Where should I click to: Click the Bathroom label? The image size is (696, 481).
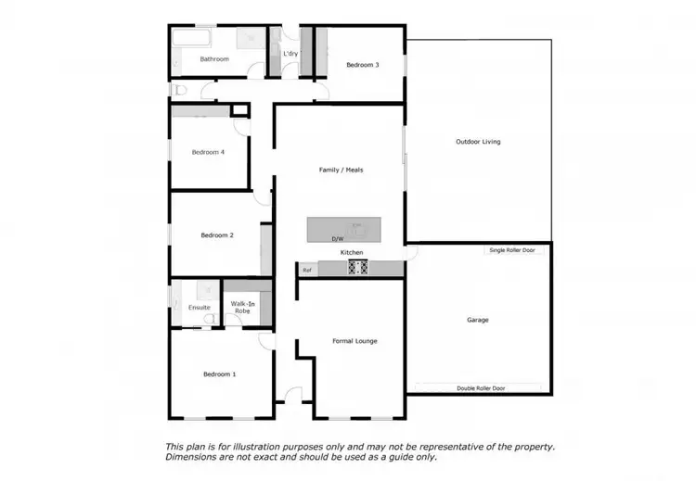tap(214, 59)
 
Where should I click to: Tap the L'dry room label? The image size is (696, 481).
tap(290, 53)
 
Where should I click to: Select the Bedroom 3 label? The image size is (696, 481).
tap(363, 65)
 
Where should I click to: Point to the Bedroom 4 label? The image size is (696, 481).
tap(208, 152)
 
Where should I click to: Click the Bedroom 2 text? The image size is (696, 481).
tap(217, 235)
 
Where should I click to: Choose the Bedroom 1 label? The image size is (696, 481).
tap(220, 374)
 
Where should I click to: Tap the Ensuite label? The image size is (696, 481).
tap(200, 308)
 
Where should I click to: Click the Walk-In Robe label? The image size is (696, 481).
tap(242, 308)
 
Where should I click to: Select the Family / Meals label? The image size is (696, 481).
tap(341, 170)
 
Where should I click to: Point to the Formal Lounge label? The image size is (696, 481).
tap(354, 341)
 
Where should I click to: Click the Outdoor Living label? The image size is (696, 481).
tap(478, 142)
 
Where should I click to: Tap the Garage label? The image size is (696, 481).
tap(478, 320)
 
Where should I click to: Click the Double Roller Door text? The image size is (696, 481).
tap(479, 388)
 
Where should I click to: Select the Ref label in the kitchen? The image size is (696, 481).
tap(307, 270)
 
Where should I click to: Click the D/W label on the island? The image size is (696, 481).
tap(338, 239)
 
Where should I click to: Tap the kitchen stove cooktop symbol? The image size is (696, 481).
tap(357, 268)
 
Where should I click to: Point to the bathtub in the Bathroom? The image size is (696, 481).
tap(192, 39)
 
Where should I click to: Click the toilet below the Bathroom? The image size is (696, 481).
tap(180, 90)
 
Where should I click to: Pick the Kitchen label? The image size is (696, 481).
tap(351, 253)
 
